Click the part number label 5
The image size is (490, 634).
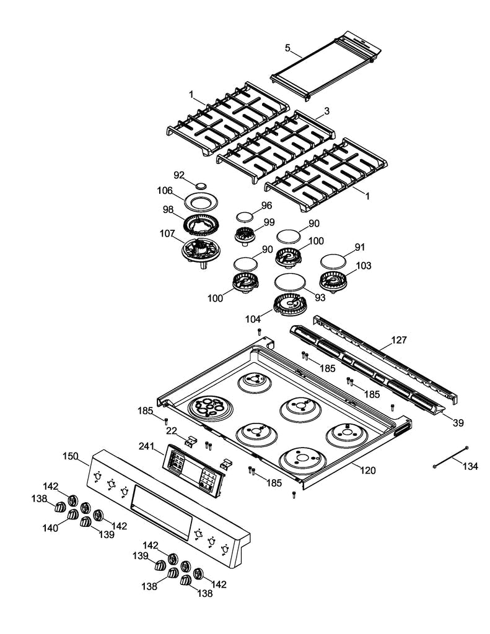click(x=287, y=48)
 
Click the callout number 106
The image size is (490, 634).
click(x=164, y=190)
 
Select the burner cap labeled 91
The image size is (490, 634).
click(x=335, y=260)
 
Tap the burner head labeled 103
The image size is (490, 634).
click(x=335, y=282)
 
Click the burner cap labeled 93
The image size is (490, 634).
click(x=289, y=282)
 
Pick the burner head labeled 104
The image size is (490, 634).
click(x=291, y=305)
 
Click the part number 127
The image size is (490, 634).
click(x=400, y=340)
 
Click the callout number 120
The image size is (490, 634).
click(x=367, y=471)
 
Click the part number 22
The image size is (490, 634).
click(x=172, y=431)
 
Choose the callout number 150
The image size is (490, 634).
click(x=71, y=456)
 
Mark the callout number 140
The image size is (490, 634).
click(x=50, y=528)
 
